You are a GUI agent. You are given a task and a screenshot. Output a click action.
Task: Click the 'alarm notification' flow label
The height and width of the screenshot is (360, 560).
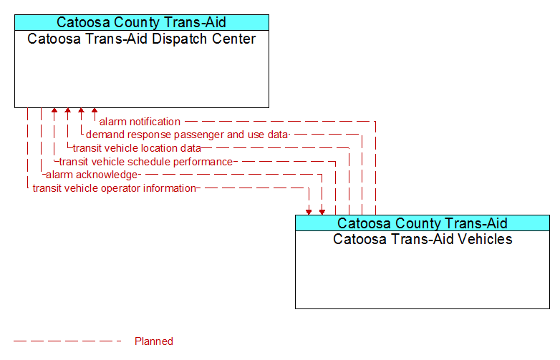click(140, 122)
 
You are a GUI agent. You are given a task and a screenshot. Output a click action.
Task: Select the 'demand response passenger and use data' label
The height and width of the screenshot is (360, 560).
click(187, 135)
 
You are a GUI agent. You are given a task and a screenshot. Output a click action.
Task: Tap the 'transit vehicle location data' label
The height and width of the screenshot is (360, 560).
click(137, 148)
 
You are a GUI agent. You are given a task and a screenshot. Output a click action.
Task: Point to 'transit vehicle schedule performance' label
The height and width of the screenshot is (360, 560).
click(146, 162)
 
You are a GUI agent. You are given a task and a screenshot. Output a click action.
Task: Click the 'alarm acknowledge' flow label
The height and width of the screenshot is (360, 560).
click(92, 175)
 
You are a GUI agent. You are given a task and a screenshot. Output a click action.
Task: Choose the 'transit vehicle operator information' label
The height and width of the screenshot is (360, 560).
click(115, 188)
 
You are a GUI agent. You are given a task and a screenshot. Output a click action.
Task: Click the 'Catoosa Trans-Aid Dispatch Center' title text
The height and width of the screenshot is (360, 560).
click(141, 39)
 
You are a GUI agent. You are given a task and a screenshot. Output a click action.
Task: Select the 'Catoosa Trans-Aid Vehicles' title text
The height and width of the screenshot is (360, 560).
click(423, 239)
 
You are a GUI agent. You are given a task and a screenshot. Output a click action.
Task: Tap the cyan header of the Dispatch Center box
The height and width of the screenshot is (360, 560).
click(142, 22)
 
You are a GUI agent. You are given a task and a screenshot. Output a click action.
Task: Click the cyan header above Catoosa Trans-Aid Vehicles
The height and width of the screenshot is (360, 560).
click(423, 223)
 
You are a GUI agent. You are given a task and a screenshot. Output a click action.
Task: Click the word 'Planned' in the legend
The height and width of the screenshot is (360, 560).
click(154, 341)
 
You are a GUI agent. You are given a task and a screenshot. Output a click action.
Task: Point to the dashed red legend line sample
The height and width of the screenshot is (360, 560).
click(67, 341)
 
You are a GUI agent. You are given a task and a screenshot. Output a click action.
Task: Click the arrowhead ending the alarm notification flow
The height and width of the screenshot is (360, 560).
click(95, 110)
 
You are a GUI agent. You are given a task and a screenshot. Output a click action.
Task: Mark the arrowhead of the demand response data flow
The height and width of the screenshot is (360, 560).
click(81, 110)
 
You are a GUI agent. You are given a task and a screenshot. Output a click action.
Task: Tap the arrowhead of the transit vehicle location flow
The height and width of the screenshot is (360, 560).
click(67, 110)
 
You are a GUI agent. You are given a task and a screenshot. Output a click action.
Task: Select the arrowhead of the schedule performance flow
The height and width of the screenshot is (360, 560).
click(54, 110)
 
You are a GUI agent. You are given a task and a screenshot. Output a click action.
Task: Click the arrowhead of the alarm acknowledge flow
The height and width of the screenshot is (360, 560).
click(322, 213)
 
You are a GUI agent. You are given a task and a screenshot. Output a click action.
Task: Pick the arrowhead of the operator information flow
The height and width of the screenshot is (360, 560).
click(309, 213)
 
